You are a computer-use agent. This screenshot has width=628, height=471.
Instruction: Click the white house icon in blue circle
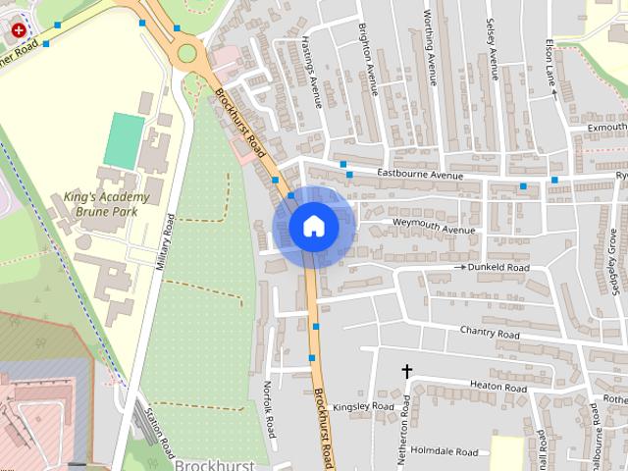click(x=314, y=227)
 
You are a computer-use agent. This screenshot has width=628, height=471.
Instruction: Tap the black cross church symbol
click(x=406, y=372)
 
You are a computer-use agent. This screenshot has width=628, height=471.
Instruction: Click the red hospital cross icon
click(x=17, y=30)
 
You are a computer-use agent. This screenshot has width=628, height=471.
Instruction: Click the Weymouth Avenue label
click(x=433, y=230)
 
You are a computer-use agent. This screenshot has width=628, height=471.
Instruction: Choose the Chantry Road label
click(x=490, y=334)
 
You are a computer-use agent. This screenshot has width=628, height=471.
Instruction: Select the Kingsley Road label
click(x=363, y=406)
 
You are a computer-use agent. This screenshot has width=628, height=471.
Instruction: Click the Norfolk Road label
click(x=270, y=410)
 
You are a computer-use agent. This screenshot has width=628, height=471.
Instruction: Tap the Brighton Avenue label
click(x=369, y=60)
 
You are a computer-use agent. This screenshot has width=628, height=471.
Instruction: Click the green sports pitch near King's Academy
click(x=123, y=139)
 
